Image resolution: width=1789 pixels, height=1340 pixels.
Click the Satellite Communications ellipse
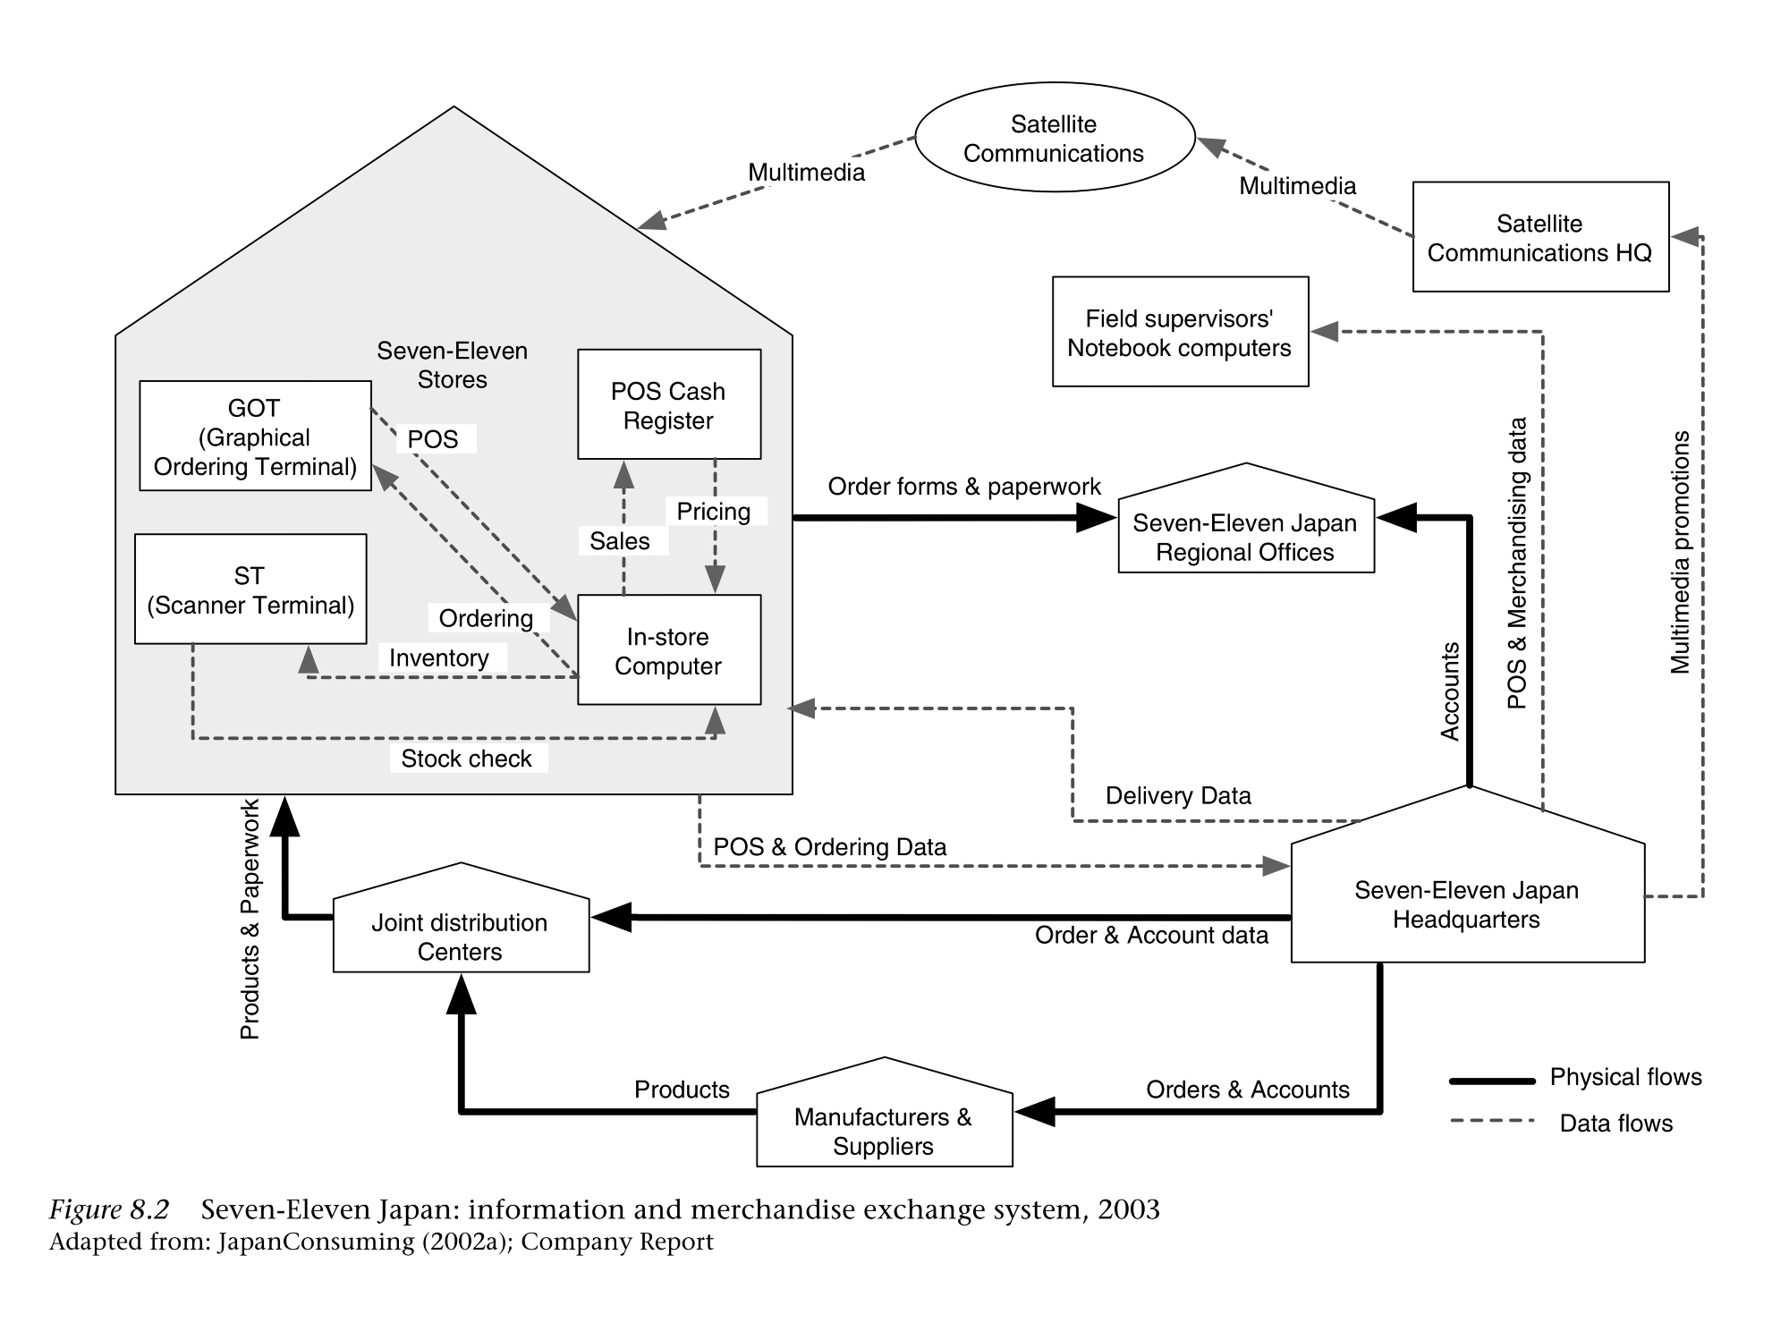point(1054,138)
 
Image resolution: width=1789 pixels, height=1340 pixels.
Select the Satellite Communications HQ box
point(1539,237)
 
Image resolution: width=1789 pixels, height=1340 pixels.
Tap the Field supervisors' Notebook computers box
point(1180,332)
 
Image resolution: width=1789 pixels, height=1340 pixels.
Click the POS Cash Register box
point(668,405)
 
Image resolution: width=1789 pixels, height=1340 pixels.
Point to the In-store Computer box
point(668,650)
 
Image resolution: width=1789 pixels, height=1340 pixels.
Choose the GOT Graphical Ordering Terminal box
point(255,437)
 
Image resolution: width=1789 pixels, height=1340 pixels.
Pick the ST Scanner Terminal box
point(250,589)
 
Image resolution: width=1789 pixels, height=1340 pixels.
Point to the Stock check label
point(466,759)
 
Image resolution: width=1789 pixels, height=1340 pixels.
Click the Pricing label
point(713,512)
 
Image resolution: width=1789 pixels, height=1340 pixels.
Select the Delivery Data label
point(1178,795)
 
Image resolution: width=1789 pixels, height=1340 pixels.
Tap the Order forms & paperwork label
point(964,487)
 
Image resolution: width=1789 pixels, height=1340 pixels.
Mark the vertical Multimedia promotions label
point(1681,552)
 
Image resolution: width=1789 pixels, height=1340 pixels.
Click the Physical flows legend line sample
point(1491,1081)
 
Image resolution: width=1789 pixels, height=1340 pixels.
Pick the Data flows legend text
point(1615,1124)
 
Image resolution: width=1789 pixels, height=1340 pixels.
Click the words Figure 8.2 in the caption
point(108,1209)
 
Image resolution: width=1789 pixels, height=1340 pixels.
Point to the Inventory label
point(438,658)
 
